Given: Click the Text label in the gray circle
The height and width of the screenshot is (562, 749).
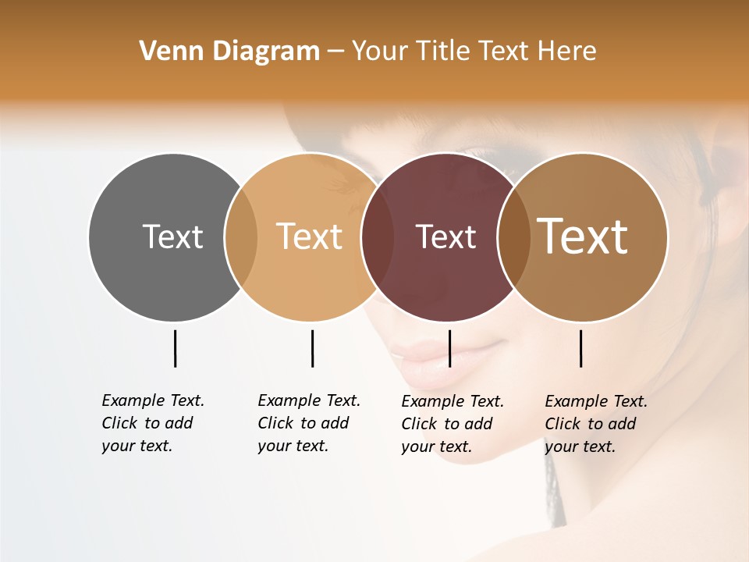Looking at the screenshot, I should click(172, 237).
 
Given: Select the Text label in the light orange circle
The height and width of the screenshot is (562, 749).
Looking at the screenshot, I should click(310, 237).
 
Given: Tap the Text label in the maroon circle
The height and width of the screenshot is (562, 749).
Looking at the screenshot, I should click(445, 237).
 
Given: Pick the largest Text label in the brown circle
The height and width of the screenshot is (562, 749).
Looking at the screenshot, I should click(583, 236).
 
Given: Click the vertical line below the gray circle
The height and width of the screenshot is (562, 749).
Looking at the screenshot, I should click(176, 348).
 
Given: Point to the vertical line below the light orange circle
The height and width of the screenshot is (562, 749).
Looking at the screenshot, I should click(312, 348).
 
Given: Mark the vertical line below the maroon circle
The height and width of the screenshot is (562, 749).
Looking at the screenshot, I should click(450, 348).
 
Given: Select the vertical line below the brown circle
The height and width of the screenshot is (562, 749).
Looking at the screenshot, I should click(581, 348).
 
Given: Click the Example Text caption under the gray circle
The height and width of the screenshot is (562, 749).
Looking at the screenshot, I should click(153, 423).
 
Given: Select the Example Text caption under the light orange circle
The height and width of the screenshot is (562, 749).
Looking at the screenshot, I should click(309, 423).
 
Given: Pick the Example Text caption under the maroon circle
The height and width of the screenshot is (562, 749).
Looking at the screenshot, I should click(453, 424).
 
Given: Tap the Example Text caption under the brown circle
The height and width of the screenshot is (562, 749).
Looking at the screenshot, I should click(596, 424).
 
